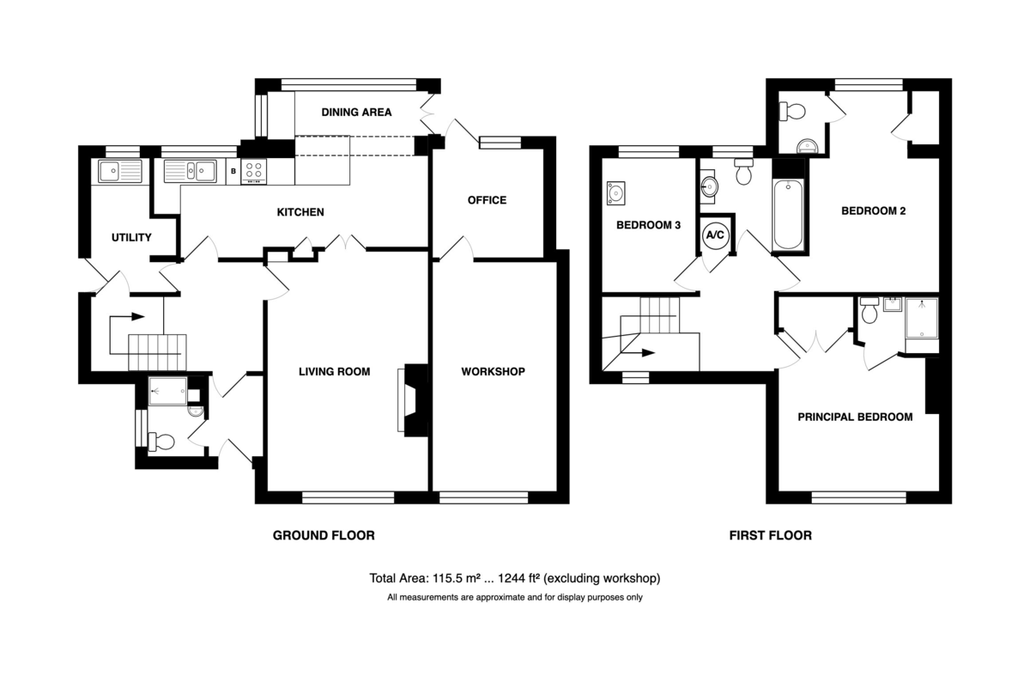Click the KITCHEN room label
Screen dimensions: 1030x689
click(x=300, y=212)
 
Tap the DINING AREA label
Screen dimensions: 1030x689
click(x=356, y=113)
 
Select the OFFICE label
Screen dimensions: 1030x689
click(x=487, y=200)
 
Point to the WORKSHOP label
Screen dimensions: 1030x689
click(x=493, y=371)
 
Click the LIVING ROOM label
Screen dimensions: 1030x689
click(x=334, y=371)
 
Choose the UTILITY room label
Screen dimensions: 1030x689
click(x=131, y=237)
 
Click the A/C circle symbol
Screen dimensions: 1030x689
click(x=715, y=235)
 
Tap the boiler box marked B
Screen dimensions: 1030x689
click(x=233, y=171)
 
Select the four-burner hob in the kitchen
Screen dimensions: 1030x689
click(x=254, y=171)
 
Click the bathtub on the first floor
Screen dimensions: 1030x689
click(x=788, y=215)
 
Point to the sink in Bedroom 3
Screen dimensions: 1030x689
click(x=615, y=193)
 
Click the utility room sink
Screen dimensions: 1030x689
click(x=120, y=171)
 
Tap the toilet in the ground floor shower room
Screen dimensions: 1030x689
click(x=161, y=442)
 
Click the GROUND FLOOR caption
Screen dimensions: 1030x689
click(x=324, y=536)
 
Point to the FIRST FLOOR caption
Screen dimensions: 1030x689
click(x=771, y=536)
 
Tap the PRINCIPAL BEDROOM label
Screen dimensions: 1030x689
click(x=855, y=417)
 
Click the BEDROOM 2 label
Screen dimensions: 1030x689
click(x=874, y=210)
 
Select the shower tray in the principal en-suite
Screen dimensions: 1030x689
click(x=922, y=318)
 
